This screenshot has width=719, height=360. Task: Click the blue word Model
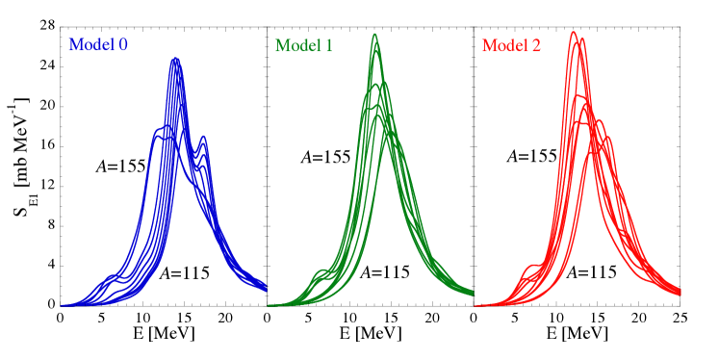click(90, 45)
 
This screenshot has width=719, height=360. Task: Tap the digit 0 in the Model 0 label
click(123, 45)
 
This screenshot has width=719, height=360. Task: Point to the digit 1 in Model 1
click(328, 45)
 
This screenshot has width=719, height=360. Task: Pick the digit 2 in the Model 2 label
click(536, 45)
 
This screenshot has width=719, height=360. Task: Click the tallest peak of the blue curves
click(175, 60)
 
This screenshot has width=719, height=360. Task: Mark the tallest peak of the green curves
click(374, 35)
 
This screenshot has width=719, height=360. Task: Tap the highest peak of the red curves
click(574, 32)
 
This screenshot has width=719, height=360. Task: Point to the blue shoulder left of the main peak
click(157, 131)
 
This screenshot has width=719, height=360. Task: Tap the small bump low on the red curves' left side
click(530, 267)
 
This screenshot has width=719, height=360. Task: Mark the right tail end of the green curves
click(472, 292)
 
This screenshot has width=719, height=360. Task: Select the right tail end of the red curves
click(680, 290)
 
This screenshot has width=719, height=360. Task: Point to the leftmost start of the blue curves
click(63, 305)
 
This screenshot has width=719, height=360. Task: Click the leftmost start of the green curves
click(270, 305)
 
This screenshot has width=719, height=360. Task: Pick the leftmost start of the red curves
click(476, 305)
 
